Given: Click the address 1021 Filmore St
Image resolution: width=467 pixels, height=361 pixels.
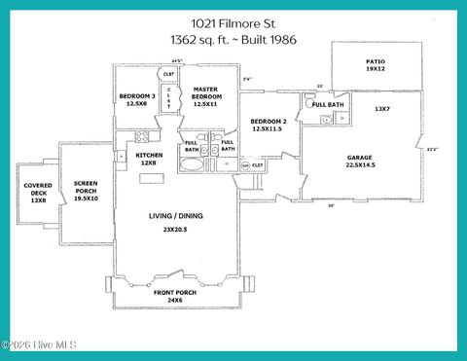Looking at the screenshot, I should click(x=233, y=20).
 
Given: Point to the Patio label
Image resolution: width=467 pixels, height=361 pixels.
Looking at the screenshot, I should click(x=376, y=61).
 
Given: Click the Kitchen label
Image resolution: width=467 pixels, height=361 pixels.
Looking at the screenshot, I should click(x=149, y=156).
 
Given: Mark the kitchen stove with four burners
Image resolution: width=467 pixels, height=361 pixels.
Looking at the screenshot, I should click(x=142, y=137).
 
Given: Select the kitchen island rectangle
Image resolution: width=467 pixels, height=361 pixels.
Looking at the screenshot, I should click(x=153, y=177).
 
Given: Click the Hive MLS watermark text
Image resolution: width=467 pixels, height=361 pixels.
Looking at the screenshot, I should click(x=39, y=344).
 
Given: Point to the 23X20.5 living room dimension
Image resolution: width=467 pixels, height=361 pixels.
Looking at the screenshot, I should click(x=177, y=230).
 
